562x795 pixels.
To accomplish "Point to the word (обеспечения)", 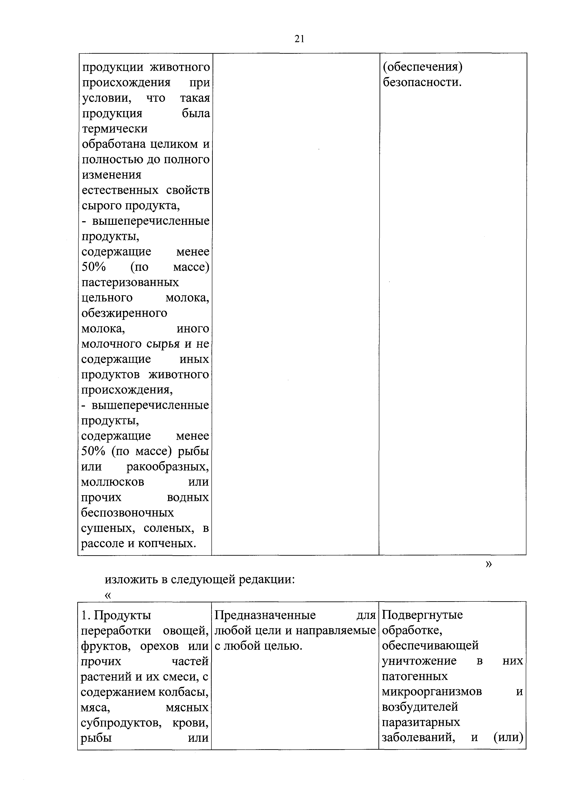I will tap(422, 67).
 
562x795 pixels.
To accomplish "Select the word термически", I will tap(115, 129).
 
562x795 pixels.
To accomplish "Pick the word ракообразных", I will tap(168, 467).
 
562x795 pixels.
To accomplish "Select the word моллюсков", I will tap(113, 482).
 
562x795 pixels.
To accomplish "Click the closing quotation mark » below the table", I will tap(489, 564).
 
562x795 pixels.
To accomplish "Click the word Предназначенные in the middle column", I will tap(265, 615).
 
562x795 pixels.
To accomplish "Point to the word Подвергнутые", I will tap(422, 615).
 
